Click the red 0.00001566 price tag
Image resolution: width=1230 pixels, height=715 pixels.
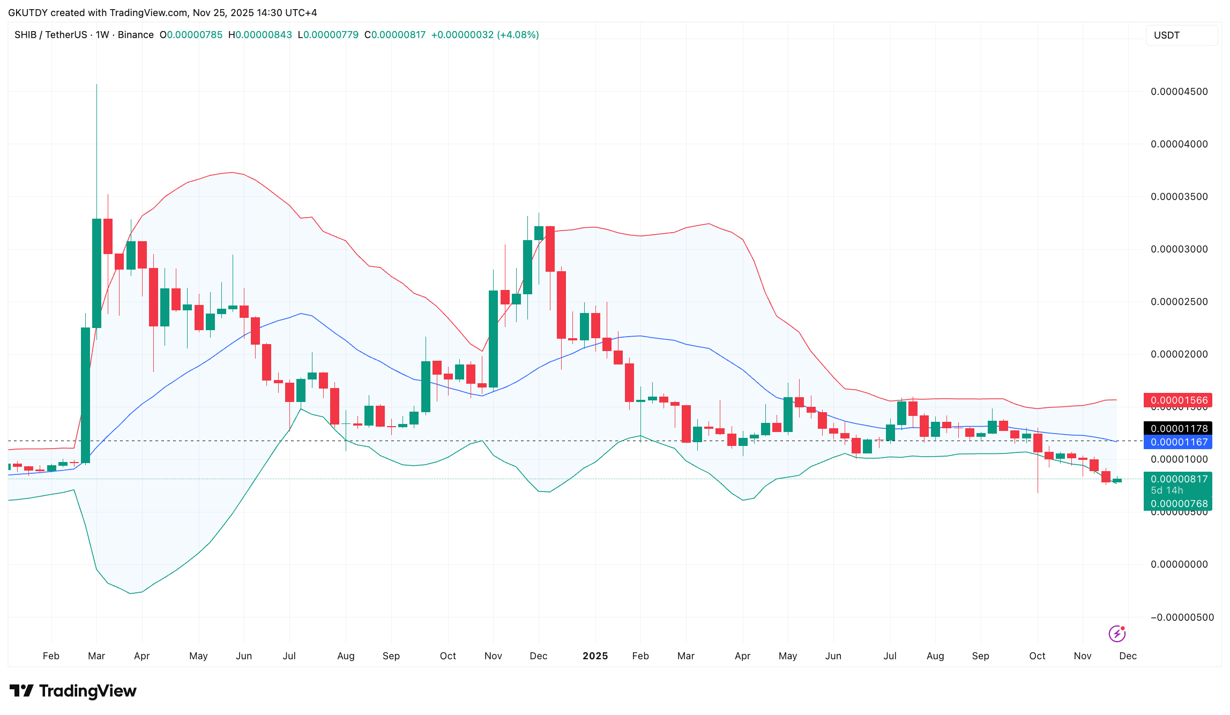[x=1179, y=400]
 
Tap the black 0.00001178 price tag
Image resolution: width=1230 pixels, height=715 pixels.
[x=1179, y=428]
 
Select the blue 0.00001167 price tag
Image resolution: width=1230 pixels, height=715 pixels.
[x=1179, y=442]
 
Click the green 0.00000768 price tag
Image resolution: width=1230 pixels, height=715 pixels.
[x=1179, y=504]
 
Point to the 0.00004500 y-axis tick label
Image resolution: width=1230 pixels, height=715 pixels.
[x=1179, y=92]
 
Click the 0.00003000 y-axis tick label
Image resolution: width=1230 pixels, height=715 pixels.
[x=1179, y=249]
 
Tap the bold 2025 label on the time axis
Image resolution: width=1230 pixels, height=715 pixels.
[x=595, y=656]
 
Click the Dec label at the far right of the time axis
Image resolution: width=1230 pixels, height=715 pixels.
[x=1128, y=656]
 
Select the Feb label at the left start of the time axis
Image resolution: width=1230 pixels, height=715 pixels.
[x=51, y=656]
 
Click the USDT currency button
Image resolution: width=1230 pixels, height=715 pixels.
[x=1182, y=35]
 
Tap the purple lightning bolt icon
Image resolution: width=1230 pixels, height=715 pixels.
[x=1117, y=634]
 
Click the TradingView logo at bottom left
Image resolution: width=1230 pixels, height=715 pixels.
[x=73, y=691]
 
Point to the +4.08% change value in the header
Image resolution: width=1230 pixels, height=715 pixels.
[x=518, y=35]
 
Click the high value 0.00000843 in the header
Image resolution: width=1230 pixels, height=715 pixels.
[x=263, y=35]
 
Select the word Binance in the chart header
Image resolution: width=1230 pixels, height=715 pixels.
[x=136, y=35]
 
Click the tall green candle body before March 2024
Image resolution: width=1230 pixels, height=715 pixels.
[x=86, y=395]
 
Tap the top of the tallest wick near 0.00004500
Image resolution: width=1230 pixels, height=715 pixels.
[x=96, y=85]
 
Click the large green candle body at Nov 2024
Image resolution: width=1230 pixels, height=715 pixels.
[x=493, y=339]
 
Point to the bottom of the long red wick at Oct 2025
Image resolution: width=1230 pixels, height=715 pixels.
[x=1038, y=491]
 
